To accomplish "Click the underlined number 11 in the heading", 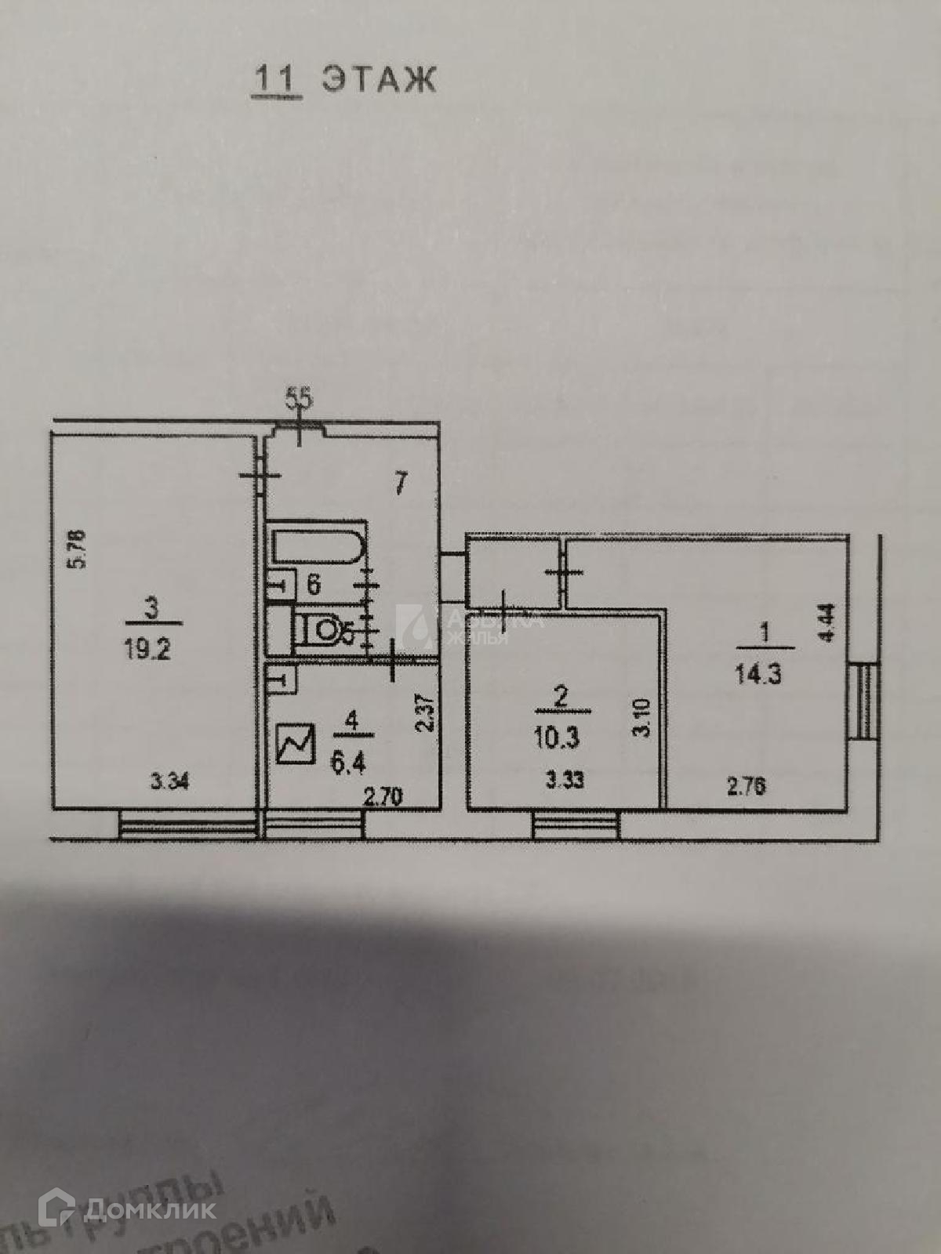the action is (275, 81).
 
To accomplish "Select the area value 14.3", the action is (758, 674).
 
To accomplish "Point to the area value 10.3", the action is (558, 737).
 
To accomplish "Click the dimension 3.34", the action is (169, 781).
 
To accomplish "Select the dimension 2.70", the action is (383, 798).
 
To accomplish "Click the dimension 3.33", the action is (564, 781).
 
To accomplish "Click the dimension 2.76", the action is (746, 786).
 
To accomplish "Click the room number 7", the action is (400, 483).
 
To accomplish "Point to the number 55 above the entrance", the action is (299, 399).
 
